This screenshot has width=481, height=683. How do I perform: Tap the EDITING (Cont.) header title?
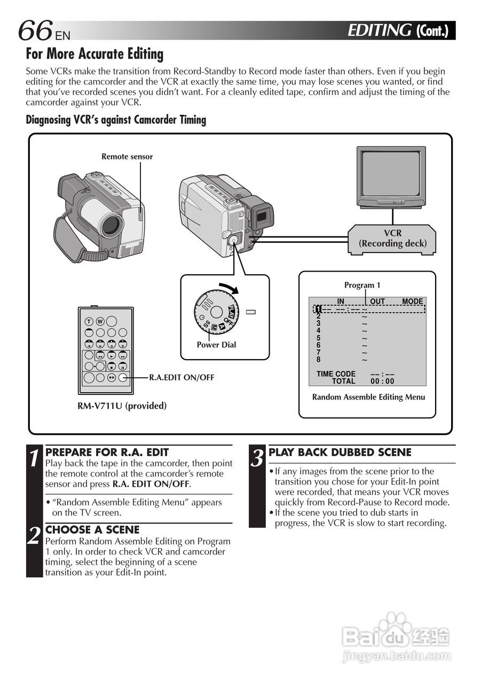397,30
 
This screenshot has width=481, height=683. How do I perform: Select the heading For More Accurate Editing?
94,54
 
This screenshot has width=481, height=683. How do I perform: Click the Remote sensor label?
127,156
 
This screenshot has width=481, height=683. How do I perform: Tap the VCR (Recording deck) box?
392,239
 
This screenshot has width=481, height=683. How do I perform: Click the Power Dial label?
216,345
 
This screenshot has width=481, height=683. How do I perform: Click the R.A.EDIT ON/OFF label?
182,377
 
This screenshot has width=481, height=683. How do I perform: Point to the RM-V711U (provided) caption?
122,406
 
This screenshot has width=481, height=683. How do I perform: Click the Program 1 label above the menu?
362,285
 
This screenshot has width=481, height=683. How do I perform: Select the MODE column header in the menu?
412,301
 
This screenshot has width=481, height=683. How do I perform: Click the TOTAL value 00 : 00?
382,381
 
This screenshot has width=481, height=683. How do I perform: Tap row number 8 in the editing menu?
319,360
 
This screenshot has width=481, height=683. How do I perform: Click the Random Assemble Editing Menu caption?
368,397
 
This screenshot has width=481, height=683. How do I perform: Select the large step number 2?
34,536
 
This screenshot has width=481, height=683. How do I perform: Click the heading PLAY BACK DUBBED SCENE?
340,452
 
